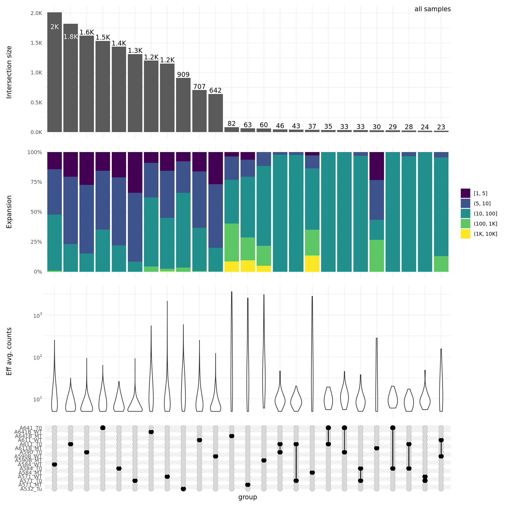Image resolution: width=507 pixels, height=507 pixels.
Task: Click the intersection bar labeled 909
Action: (183, 105)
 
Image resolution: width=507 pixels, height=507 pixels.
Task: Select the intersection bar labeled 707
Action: (199, 111)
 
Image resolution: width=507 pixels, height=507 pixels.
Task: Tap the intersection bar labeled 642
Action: (215, 113)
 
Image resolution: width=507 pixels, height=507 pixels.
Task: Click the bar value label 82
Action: (231, 124)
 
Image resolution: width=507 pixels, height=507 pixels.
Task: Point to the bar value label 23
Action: (441, 127)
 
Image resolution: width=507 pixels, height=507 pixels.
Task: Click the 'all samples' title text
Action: (432, 9)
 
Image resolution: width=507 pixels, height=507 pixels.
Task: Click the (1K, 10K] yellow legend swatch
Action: (465, 234)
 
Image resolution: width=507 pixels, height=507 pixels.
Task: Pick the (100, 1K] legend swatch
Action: (465, 224)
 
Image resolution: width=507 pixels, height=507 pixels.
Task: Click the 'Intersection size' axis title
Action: (9, 72)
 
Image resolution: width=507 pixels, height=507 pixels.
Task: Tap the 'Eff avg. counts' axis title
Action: (9, 351)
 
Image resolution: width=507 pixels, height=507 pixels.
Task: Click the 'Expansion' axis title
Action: (9, 212)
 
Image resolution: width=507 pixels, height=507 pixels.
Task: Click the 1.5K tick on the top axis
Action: (36, 43)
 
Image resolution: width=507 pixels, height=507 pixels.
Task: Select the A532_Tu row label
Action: (31, 489)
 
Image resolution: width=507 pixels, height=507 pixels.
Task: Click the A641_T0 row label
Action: (31, 428)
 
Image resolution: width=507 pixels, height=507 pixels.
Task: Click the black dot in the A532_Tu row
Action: (183, 489)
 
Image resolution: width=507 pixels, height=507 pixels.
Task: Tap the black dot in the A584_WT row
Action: (54, 465)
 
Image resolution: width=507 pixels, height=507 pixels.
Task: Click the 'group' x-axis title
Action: (248, 497)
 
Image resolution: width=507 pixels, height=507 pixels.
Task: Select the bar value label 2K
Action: (55, 27)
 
